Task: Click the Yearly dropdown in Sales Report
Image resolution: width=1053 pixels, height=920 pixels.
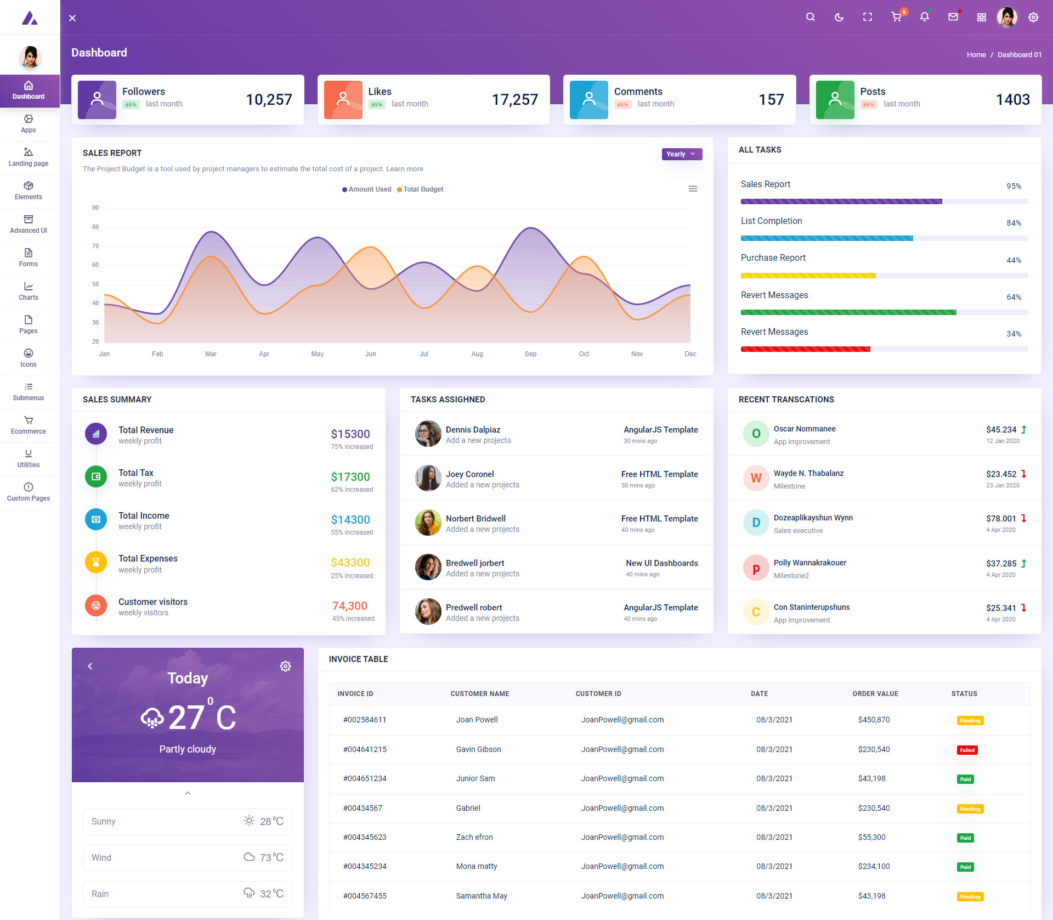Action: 681,154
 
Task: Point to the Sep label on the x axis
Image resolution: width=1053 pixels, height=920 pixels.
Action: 530,354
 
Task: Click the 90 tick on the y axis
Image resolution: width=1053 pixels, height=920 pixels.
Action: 95,207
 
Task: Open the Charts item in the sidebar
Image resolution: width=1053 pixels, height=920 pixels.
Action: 29,291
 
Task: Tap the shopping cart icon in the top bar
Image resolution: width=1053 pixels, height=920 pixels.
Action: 896,17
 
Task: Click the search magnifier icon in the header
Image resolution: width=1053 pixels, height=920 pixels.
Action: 810,17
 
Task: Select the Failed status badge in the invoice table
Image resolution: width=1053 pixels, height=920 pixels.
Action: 967,750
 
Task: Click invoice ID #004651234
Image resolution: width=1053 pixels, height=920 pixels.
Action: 365,778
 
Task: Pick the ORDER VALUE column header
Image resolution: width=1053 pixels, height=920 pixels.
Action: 875,694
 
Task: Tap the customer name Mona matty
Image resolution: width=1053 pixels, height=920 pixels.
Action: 477,866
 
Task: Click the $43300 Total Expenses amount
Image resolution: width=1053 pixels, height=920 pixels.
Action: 350,563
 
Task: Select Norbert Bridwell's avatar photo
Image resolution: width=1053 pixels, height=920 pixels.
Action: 428,523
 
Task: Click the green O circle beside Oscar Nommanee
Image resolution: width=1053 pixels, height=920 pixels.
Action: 756,434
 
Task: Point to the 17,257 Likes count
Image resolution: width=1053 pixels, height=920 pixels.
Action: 514,99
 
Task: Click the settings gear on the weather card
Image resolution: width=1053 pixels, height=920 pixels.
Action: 285,666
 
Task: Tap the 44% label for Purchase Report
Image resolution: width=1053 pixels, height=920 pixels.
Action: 1014,260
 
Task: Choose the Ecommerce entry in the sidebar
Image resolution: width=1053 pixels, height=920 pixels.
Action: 29,425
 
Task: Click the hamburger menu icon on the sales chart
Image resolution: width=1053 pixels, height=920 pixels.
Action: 693,189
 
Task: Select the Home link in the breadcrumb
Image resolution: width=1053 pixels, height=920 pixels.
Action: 976,54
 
